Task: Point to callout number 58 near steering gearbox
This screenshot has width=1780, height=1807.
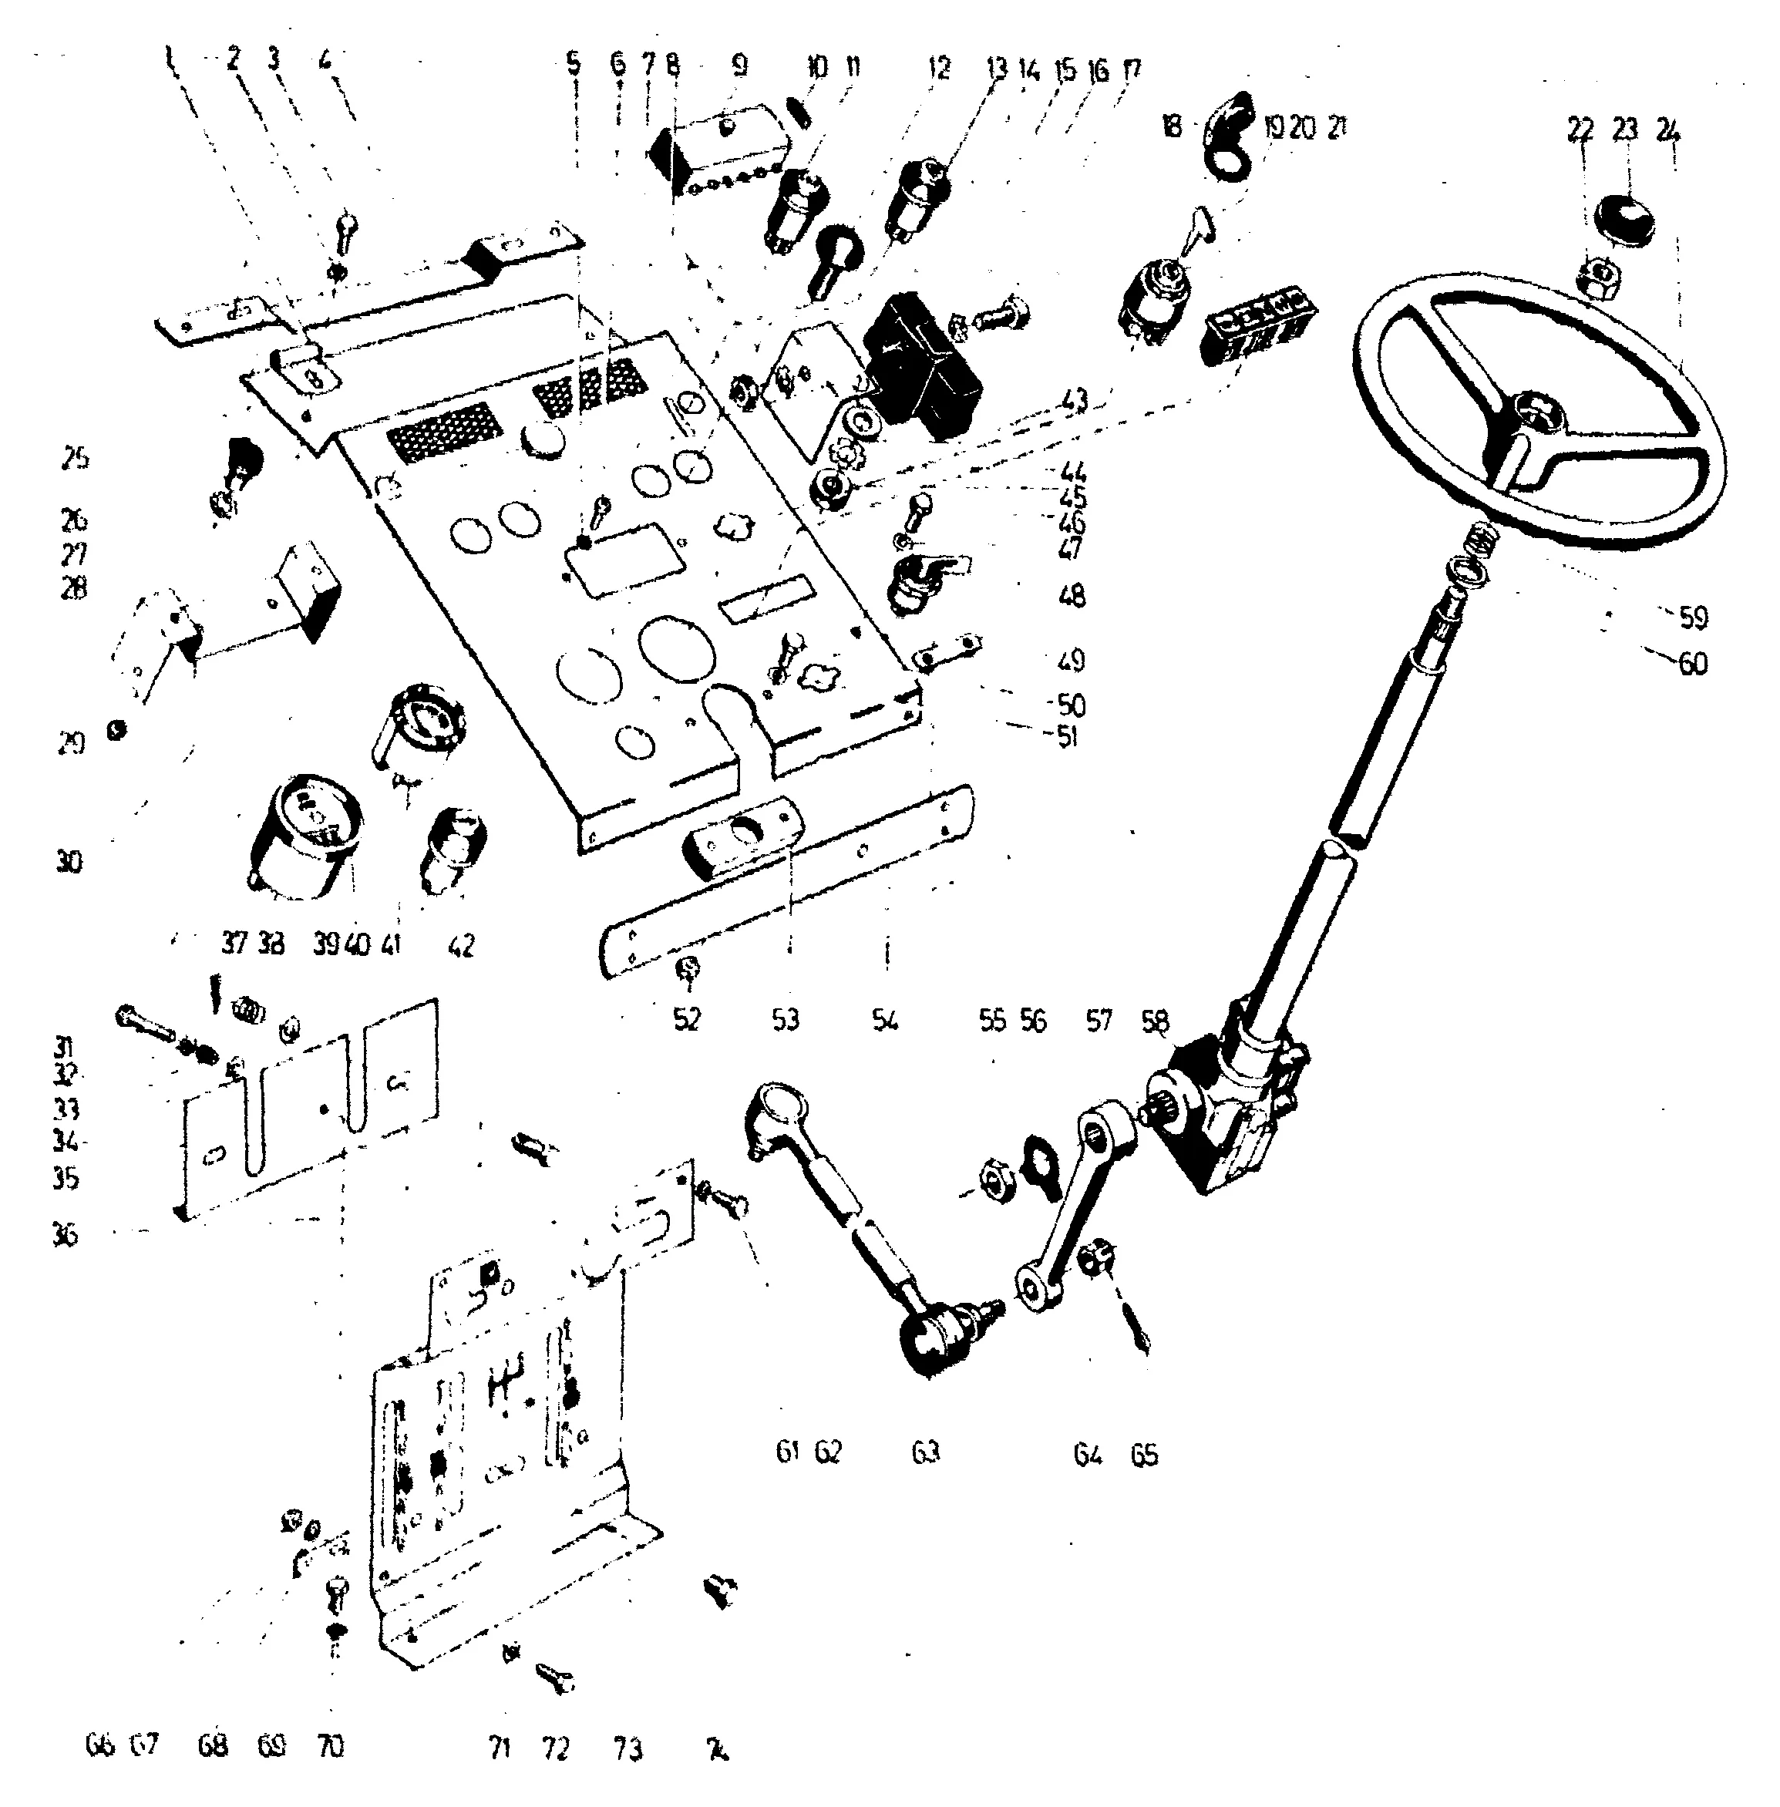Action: (x=1155, y=1020)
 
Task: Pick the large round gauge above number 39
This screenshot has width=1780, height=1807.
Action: (x=304, y=834)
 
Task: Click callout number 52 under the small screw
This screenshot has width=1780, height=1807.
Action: (x=687, y=1019)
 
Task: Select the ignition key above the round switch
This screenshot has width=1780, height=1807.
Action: (x=1200, y=226)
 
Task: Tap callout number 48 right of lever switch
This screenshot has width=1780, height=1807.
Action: (x=1072, y=595)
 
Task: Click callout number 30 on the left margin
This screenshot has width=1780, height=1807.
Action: (x=69, y=861)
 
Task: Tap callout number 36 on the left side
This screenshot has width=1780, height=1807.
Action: (x=66, y=1235)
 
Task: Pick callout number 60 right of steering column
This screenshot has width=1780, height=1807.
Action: (x=1692, y=663)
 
